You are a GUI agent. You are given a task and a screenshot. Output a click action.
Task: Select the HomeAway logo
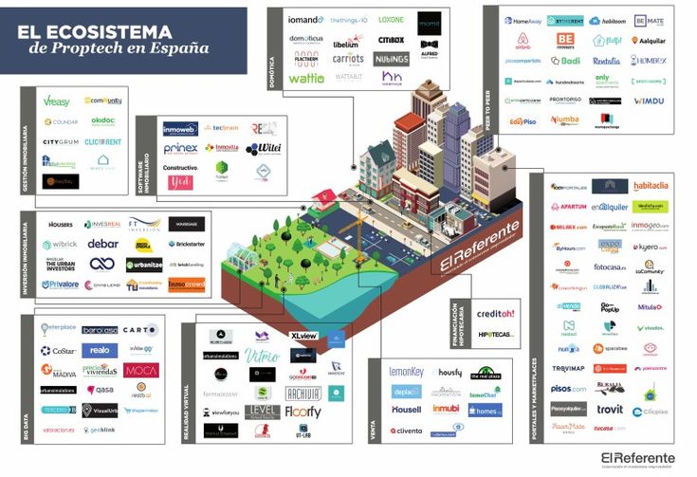[522, 20]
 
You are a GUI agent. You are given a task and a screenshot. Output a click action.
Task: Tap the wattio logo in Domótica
[305, 79]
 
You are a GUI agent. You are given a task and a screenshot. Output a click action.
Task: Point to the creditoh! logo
[496, 314]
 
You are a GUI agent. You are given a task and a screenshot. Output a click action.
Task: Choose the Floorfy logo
[303, 413]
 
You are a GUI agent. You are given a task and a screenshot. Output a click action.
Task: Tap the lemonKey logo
[407, 372]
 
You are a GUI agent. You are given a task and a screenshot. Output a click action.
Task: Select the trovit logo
[610, 409]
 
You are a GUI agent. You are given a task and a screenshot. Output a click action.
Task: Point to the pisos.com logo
[569, 389]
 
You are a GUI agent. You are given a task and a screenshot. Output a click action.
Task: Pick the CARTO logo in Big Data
[139, 330]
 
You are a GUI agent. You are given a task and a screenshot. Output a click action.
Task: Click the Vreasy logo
[57, 101]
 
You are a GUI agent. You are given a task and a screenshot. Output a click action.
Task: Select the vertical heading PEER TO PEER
[489, 104]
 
